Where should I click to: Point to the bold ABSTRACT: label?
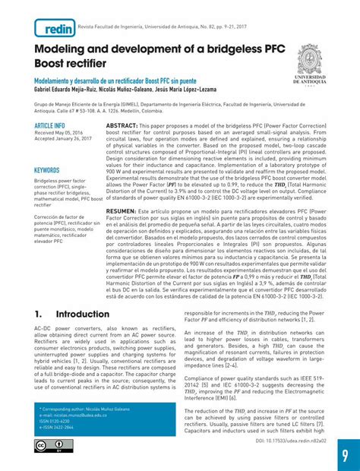tap(122, 125)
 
